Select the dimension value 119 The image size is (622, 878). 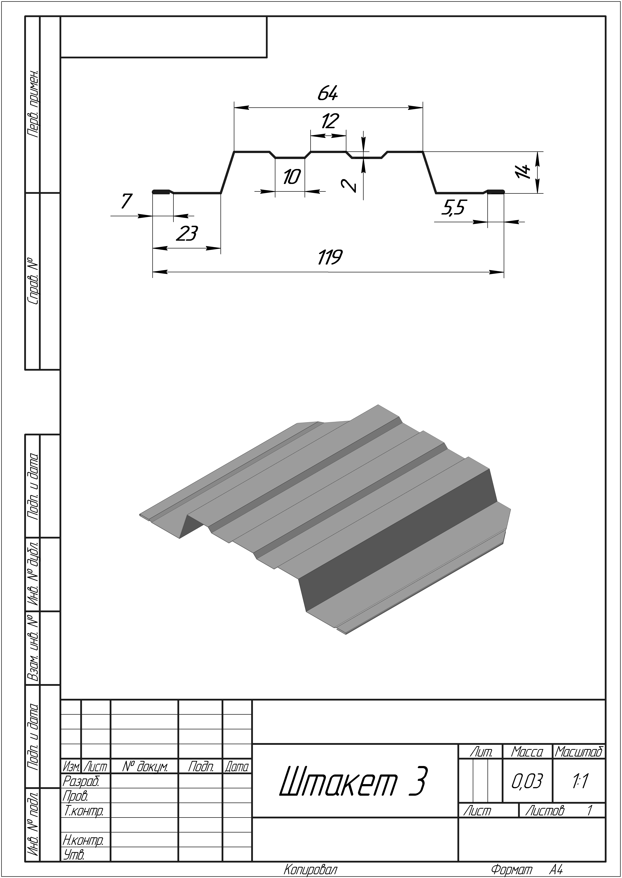click(330, 257)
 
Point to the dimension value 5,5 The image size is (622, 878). click(453, 209)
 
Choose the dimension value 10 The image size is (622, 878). click(292, 177)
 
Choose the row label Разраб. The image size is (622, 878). click(81, 781)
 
